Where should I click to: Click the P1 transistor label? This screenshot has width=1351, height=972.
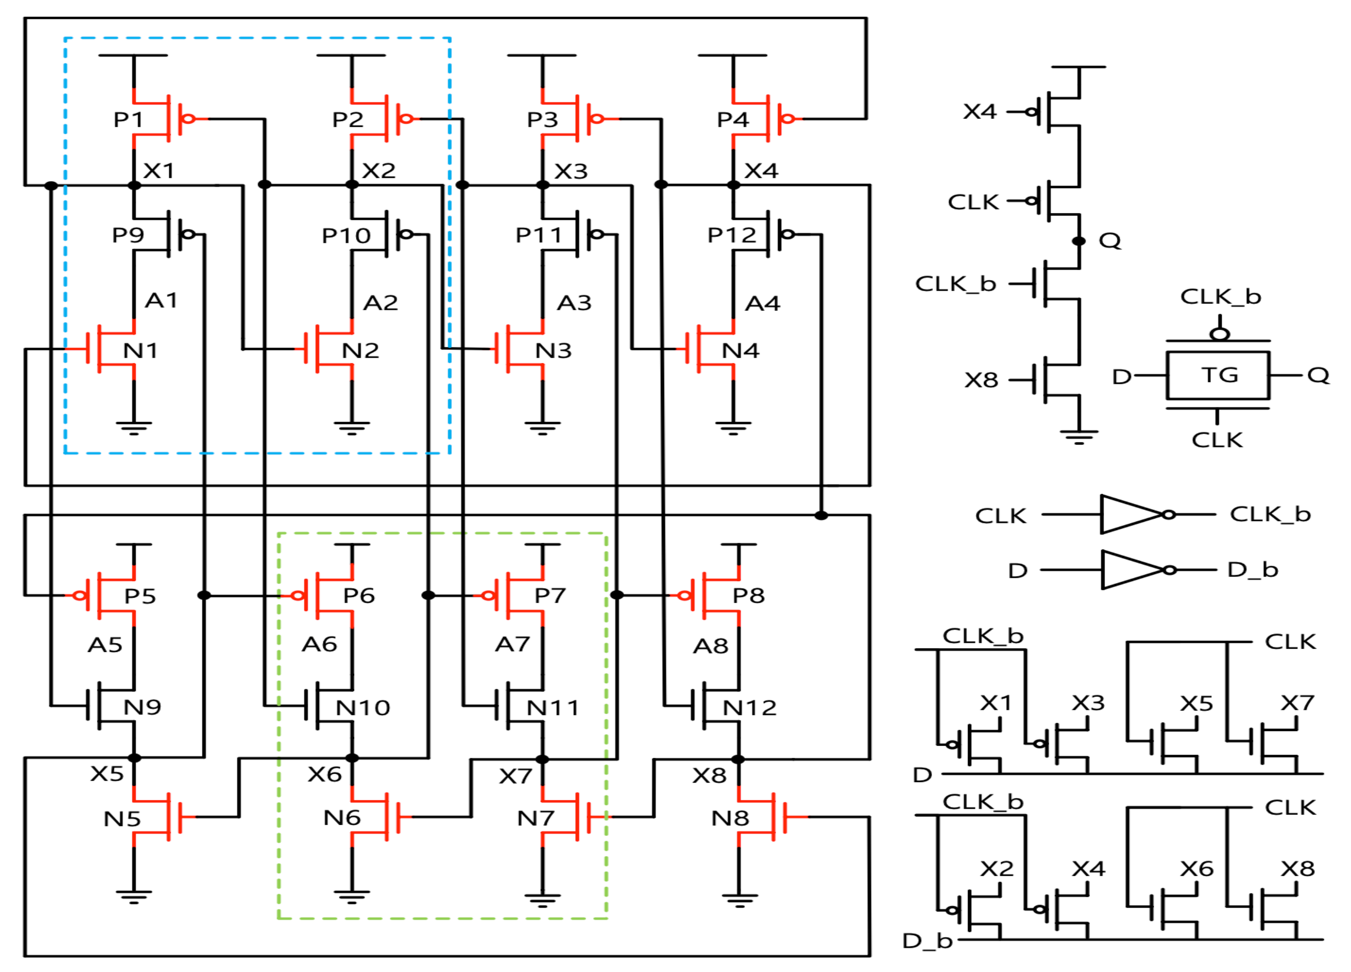[128, 120]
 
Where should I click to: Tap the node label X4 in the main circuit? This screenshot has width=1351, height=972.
[761, 172]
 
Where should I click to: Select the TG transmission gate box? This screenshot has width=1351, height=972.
[1218, 375]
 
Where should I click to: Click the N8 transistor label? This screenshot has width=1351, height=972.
[730, 818]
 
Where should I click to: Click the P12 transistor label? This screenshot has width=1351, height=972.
[732, 235]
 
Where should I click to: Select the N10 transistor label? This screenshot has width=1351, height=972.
[363, 708]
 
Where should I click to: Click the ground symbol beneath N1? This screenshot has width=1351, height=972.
[134, 428]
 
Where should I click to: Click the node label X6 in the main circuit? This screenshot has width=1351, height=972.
[325, 774]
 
